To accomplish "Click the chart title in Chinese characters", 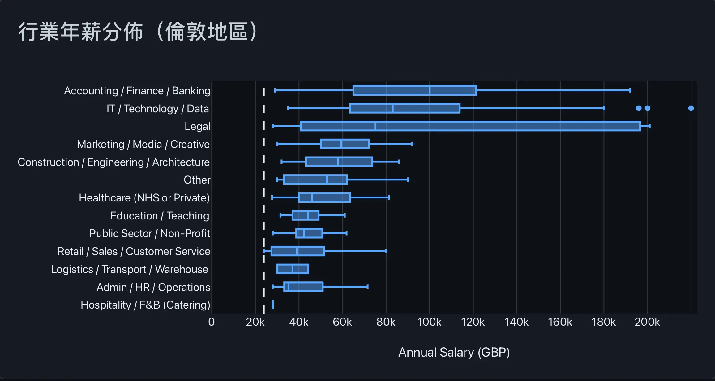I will point(138,32).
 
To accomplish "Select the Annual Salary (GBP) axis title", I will point(454,352).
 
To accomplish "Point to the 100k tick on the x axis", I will point(429,322).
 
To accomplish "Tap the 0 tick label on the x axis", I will point(212,322).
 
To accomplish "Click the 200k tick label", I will point(647,322).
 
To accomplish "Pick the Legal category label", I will point(197,126).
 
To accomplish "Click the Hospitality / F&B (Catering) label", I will point(145,305).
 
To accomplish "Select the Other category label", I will point(197,180).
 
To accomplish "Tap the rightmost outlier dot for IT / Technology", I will point(691,108).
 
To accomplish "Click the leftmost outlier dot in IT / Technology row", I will point(639,108).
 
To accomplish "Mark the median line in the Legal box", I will point(375,126).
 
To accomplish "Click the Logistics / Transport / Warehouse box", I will point(292,269).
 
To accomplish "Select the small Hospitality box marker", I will point(273,305).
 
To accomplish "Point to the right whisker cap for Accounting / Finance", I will point(630,90).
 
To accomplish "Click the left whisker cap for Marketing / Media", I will point(277,144).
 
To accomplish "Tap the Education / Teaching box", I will point(305,215).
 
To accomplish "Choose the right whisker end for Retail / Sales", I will point(386,251).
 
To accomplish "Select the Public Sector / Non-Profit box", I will point(309,233).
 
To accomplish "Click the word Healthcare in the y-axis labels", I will point(105,198).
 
